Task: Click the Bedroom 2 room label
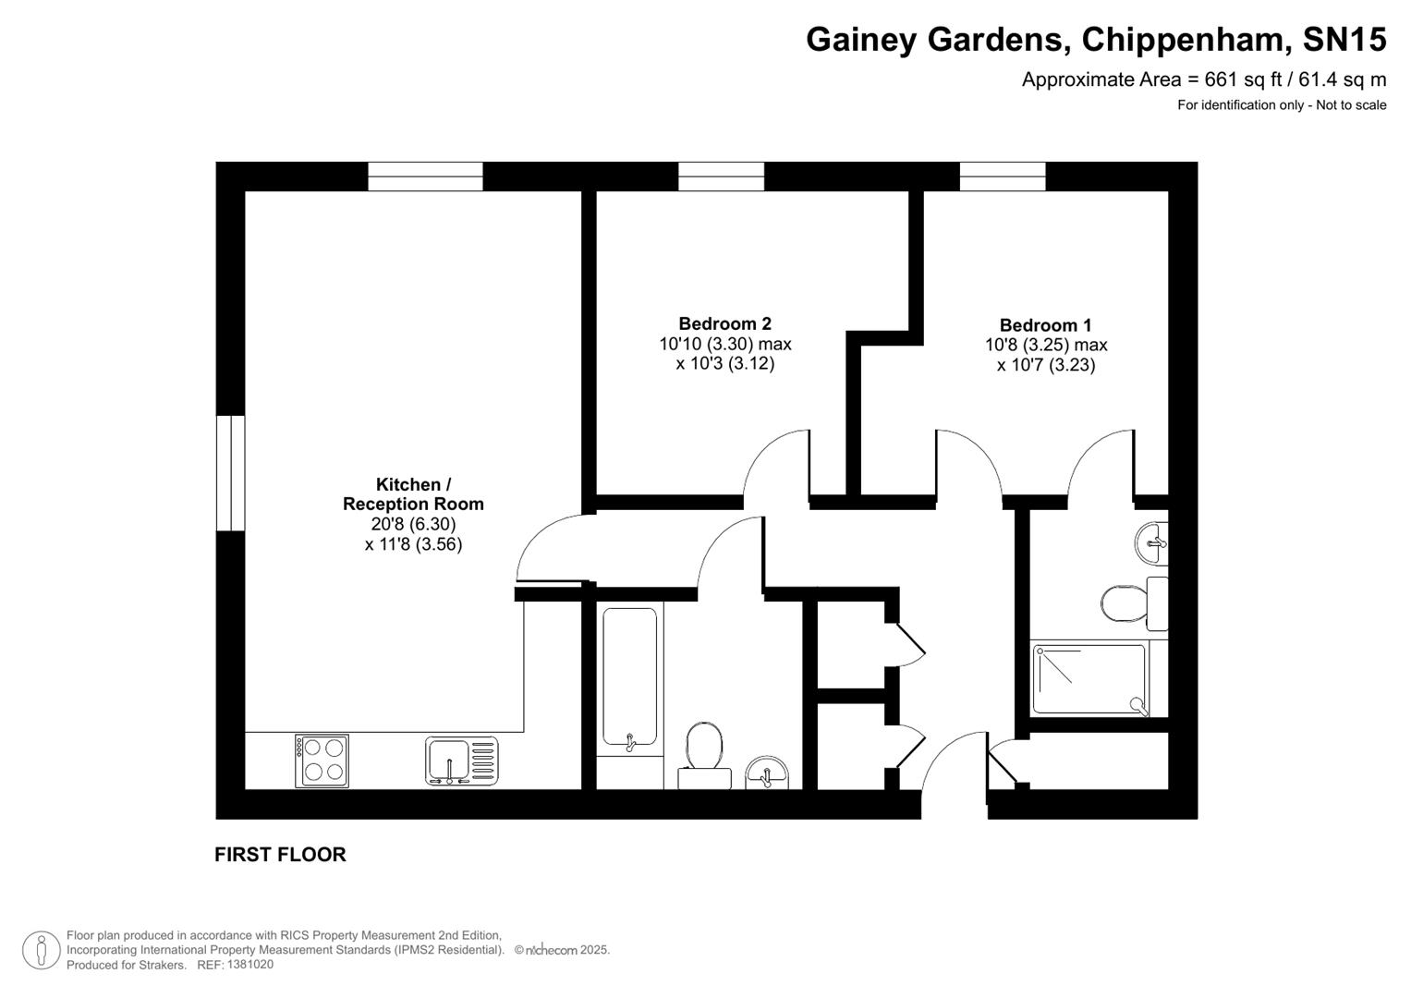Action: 724,323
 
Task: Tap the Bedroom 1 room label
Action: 1045,325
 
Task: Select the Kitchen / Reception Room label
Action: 413,494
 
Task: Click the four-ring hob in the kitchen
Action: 322,761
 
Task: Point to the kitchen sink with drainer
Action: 461,761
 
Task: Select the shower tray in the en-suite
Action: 1089,679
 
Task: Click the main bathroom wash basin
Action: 766,773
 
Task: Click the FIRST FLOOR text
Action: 280,855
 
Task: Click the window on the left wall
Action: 230,473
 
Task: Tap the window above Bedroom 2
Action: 721,176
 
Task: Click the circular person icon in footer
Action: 41,950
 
